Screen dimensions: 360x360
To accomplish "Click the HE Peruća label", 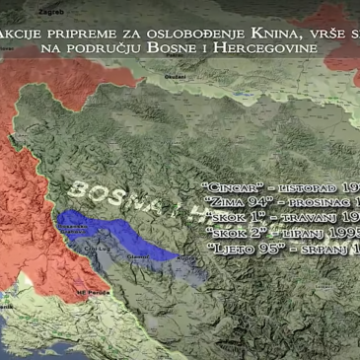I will click(90, 293).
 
